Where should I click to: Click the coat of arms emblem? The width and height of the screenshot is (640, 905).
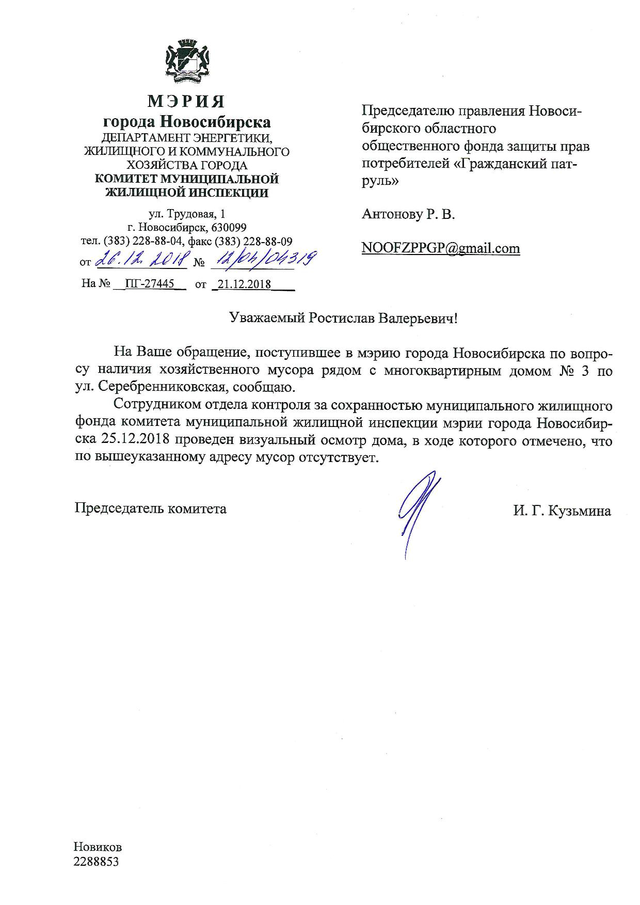pos(186,61)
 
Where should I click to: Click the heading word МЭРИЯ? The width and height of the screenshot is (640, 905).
pos(186,101)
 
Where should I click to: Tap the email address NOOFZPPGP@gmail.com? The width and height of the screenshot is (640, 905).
pos(441,248)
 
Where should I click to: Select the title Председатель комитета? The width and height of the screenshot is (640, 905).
pos(151,509)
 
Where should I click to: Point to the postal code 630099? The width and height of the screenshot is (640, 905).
pos(227,228)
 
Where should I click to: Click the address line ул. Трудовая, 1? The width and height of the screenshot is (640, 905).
pos(186,214)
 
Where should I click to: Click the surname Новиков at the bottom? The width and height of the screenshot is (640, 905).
pos(98,847)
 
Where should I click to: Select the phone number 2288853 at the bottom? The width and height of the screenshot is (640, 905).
pos(97,862)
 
